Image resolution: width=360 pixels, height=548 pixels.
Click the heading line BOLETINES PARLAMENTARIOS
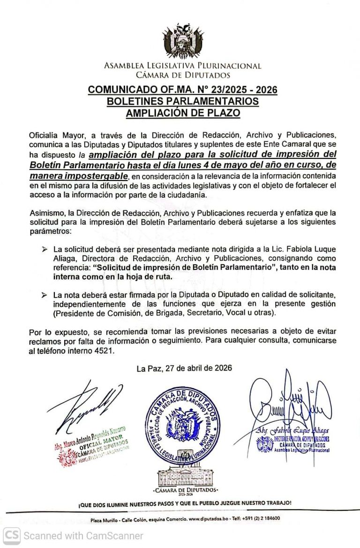(183, 101)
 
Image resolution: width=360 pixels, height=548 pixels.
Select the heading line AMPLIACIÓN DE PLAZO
(183, 113)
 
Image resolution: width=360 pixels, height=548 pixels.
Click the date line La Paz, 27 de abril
(184, 368)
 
